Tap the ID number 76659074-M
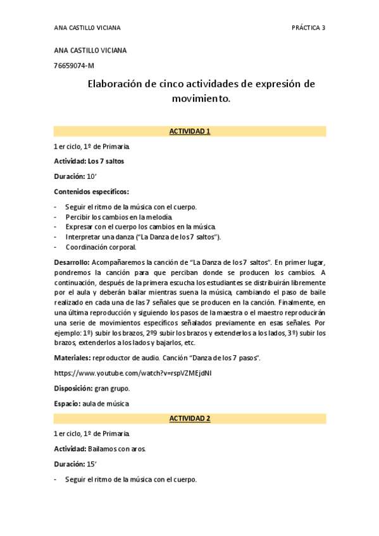pyautogui.click(x=75, y=65)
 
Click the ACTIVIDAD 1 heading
pyautogui.click(x=190, y=131)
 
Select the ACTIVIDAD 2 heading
pyautogui.click(x=190, y=418)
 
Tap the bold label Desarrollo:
pyautogui.click(x=72, y=262)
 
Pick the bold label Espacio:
pyautogui.click(x=67, y=403)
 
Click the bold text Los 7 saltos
pyautogui.click(x=106, y=161)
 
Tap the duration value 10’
pyautogui.click(x=92, y=176)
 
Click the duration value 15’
pyautogui.click(x=92, y=464)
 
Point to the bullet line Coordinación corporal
pyautogui.click(x=101, y=247)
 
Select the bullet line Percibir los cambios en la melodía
pyautogui.click(x=118, y=217)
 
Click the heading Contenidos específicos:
pyautogui.click(x=92, y=192)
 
